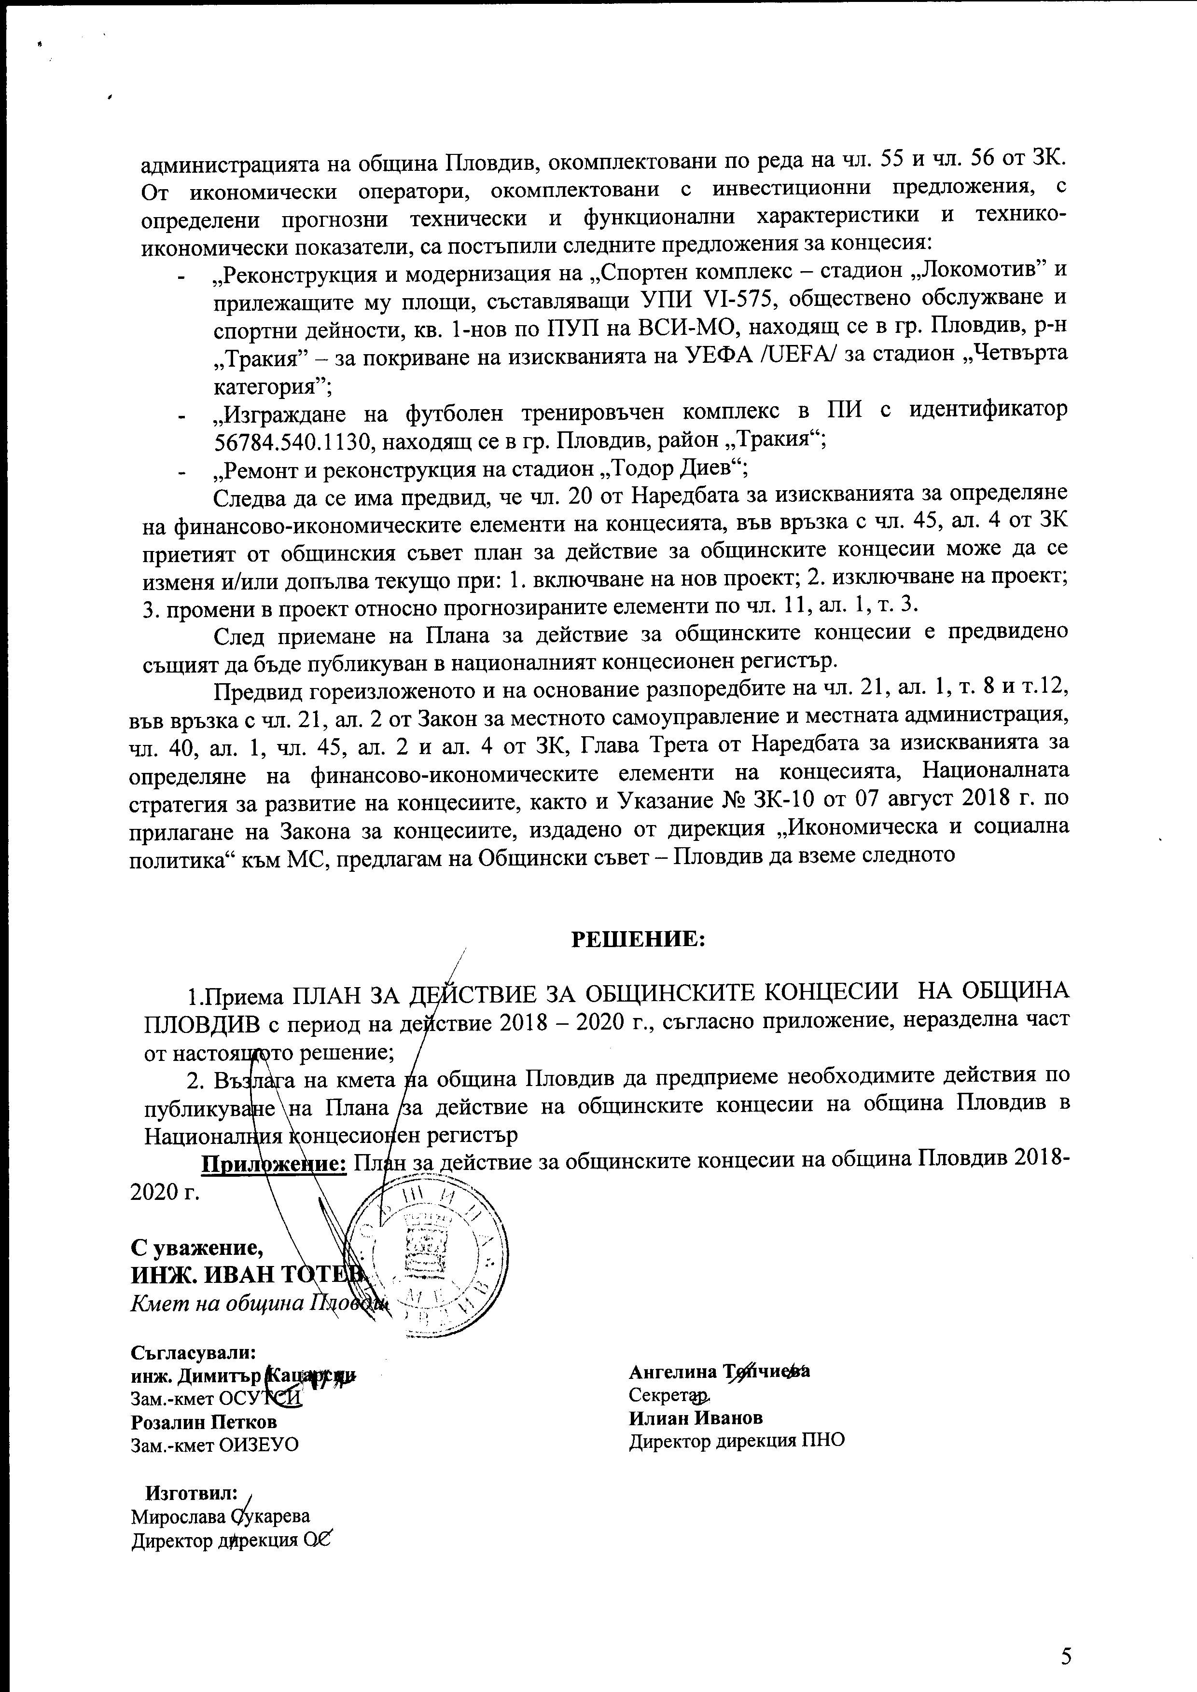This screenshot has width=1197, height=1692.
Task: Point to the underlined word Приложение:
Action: [x=274, y=1163]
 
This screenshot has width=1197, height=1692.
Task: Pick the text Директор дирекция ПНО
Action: [x=736, y=1439]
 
